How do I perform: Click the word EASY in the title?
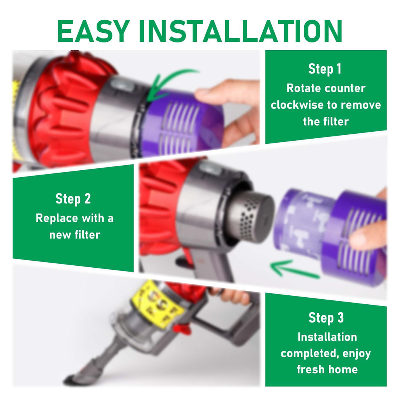click(94, 31)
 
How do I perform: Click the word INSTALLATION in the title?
click(240, 31)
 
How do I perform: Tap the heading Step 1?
click(325, 69)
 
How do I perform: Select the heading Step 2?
click(73, 199)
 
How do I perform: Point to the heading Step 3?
click(326, 318)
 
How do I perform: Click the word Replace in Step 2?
click(57, 218)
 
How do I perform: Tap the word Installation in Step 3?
click(327, 337)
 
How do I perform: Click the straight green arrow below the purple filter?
click(295, 269)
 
